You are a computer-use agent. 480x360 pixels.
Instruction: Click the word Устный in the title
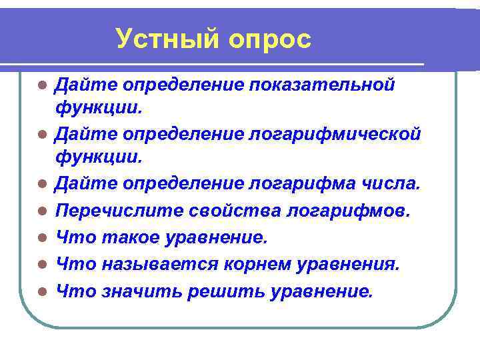(167, 39)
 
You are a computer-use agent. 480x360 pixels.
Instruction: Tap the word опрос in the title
(270, 39)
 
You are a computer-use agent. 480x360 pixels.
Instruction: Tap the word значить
(138, 291)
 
